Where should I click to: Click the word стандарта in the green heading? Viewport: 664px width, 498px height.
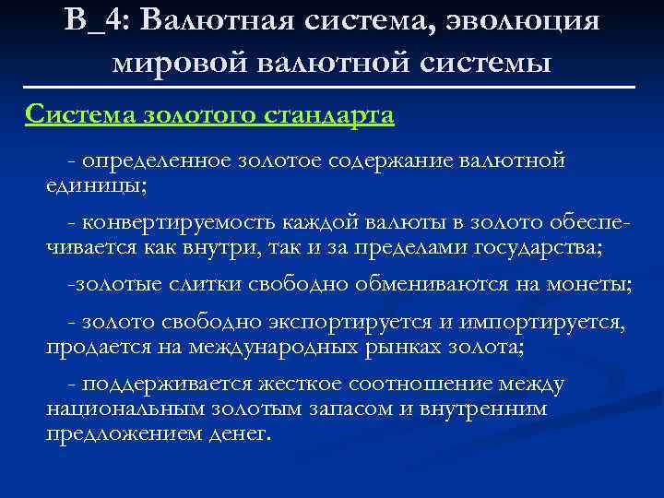click(x=329, y=115)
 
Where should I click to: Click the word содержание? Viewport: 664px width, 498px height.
click(x=399, y=161)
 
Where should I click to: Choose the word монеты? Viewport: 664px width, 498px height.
click(x=594, y=285)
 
